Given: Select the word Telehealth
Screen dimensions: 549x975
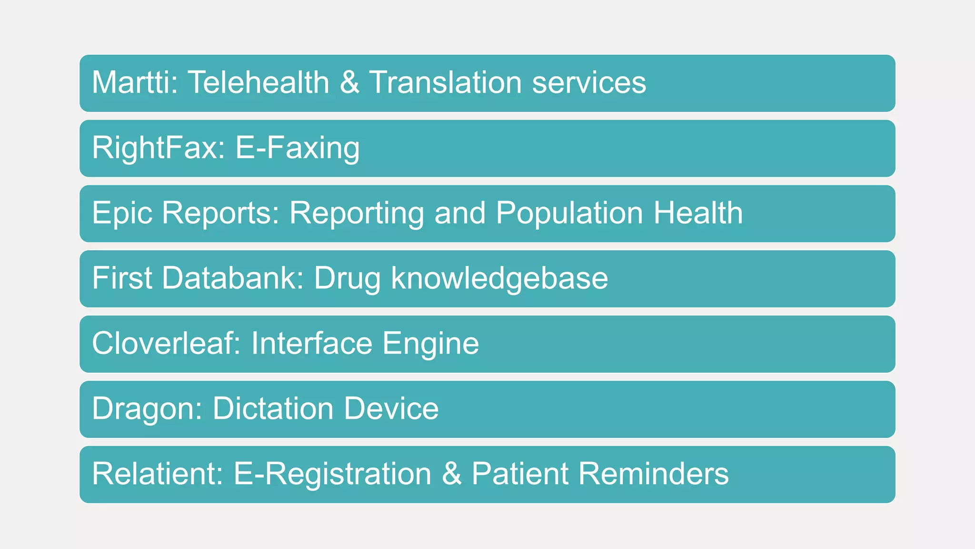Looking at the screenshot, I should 259,82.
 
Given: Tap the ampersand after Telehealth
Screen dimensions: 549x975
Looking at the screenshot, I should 349,82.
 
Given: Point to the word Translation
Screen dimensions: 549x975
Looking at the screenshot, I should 445,82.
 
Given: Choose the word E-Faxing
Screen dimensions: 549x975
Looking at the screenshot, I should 298,148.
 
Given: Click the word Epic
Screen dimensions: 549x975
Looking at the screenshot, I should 121,213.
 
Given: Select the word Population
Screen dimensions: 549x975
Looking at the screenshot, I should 569,213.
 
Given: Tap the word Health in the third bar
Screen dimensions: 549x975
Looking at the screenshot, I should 698,213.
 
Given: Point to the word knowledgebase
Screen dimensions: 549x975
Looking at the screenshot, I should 499,278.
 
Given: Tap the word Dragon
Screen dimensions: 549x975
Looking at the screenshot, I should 147,409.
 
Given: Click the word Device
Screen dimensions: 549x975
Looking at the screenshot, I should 391,409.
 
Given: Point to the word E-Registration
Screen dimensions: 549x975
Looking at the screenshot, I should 332,475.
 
